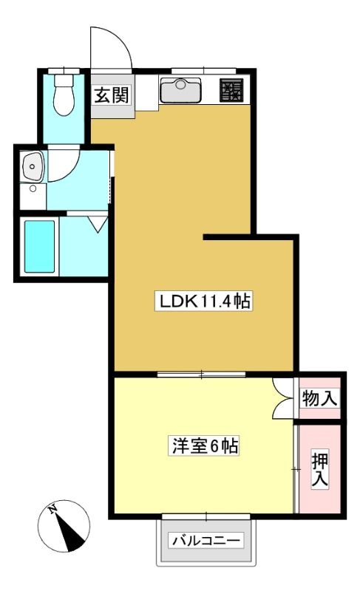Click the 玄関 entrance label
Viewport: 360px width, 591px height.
pos(111,95)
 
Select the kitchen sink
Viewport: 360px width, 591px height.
pos(180,90)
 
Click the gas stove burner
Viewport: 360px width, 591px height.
pos(231,90)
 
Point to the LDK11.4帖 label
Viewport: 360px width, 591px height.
pos(203,301)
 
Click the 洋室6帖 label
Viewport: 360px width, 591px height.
pos(204,446)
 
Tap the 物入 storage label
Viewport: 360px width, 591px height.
pos(319,398)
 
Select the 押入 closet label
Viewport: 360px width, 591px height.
pos(319,469)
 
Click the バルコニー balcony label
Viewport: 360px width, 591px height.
pos(206,541)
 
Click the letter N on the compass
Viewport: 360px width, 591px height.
pos(52,510)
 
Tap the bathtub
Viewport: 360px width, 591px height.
pos(40,246)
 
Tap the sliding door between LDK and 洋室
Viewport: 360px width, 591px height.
pos(201,375)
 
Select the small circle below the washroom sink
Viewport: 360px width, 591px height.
pos(33,189)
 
